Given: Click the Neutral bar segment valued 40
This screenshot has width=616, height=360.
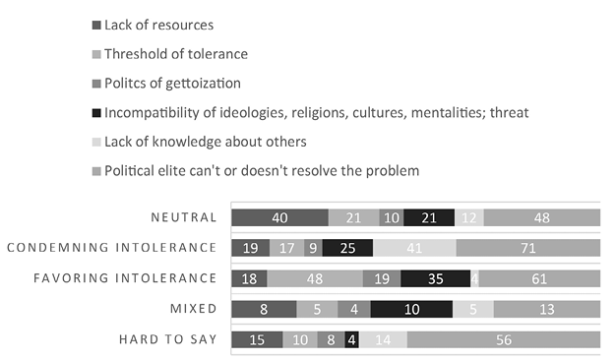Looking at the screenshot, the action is pyautogui.click(x=279, y=217).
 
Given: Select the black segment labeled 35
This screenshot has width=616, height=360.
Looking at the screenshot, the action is pyautogui.click(x=435, y=278).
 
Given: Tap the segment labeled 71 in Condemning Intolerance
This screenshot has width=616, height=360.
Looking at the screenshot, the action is pyautogui.click(x=528, y=248).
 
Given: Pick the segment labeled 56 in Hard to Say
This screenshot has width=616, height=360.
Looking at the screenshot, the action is pyautogui.click(x=504, y=339).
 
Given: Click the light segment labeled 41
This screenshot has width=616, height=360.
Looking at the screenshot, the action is pyautogui.click(x=414, y=248).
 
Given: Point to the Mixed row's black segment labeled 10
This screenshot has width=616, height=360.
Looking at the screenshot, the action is pyautogui.click(x=411, y=310).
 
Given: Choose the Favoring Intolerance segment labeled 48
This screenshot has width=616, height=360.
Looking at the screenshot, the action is pyautogui.click(x=315, y=278).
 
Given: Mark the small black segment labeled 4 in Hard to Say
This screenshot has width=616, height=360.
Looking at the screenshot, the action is pyautogui.click(x=351, y=339).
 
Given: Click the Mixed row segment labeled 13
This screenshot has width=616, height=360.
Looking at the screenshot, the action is pyautogui.click(x=547, y=310).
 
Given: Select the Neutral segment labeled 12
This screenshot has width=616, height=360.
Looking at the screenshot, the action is pyautogui.click(x=469, y=217).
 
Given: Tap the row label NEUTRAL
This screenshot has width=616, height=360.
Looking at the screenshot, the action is pyautogui.click(x=184, y=217).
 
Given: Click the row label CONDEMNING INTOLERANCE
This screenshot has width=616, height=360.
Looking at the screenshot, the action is pyautogui.click(x=112, y=248).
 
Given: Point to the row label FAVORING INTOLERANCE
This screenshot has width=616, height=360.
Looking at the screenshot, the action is pyautogui.click(x=125, y=278).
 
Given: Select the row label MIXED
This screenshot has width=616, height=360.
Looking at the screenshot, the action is pyautogui.click(x=193, y=309).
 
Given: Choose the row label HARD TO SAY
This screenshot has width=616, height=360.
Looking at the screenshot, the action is pyautogui.click(x=167, y=339).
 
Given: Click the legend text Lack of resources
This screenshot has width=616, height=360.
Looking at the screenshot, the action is pyautogui.click(x=158, y=26).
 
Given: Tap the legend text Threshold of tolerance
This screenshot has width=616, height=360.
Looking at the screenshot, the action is pyautogui.click(x=176, y=54).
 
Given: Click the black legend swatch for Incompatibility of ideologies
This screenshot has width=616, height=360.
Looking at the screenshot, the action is pyautogui.click(x=96, y=113).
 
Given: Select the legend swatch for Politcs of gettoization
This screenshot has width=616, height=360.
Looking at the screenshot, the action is pyautogui.click(x=96, y=84).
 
